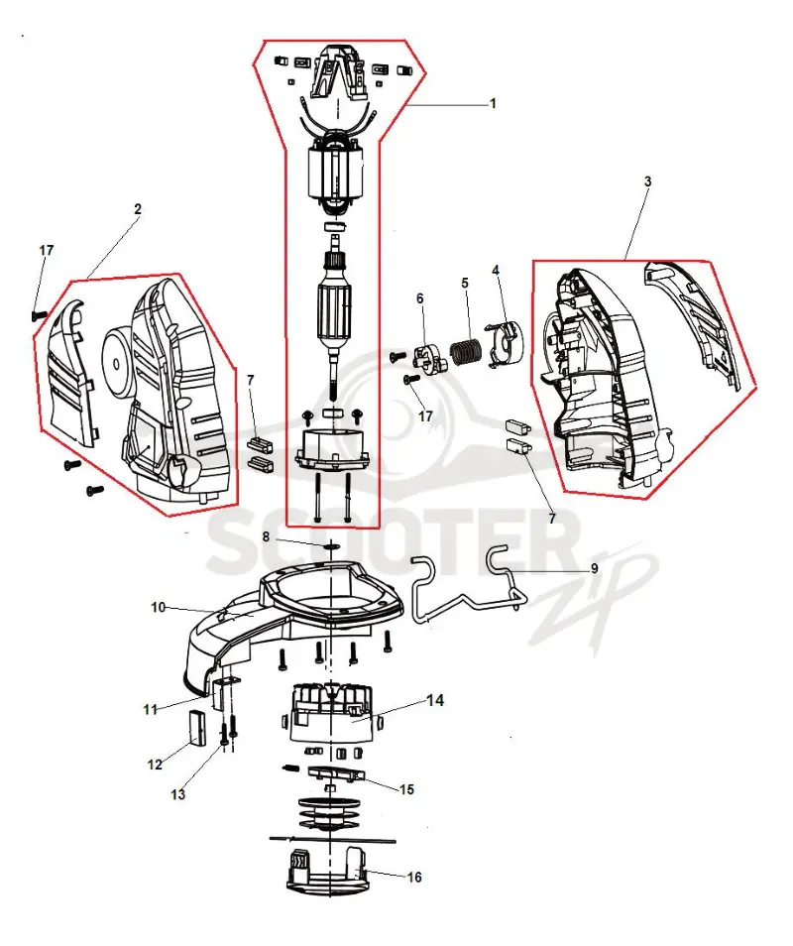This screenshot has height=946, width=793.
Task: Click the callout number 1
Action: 493,104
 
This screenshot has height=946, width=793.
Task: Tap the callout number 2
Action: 138,209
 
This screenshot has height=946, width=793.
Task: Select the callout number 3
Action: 647,181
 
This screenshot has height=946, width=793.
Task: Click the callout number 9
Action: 594,568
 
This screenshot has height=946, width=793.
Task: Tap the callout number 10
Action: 158,607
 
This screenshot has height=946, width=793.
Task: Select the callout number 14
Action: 435,700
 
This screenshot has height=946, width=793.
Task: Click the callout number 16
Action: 415,877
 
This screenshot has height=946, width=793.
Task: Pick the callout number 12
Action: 155,765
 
